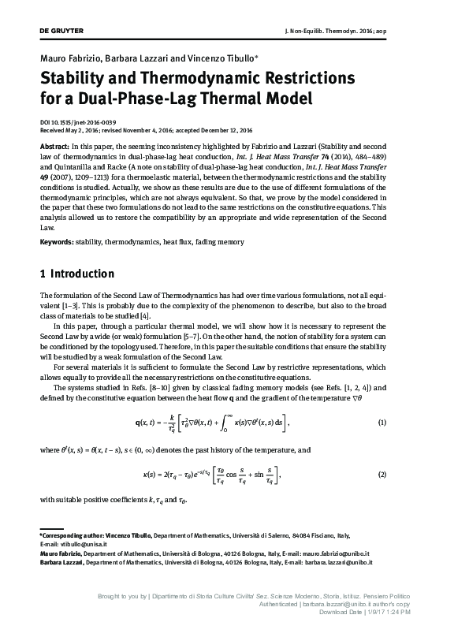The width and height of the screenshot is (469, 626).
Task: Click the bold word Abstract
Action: (x=54, y=147)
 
